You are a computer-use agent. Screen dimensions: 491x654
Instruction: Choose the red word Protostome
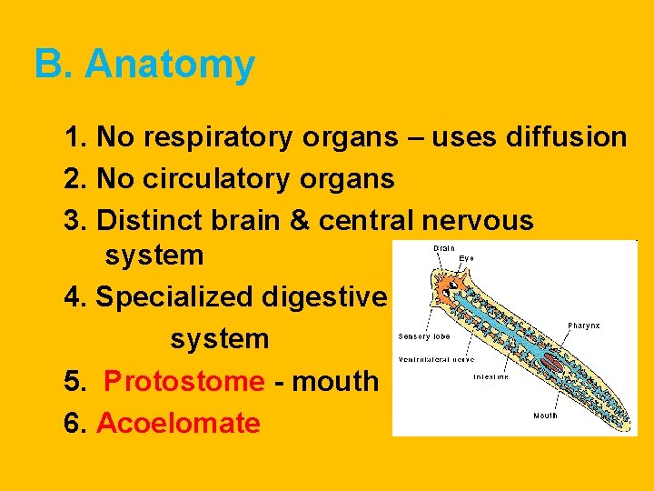tap(183, 381)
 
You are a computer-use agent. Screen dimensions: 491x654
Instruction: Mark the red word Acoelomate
tap(178, 423)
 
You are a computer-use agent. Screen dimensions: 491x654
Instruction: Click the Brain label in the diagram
tap(444, 247)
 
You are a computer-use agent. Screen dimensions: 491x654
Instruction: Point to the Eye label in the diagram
tap(465, 258)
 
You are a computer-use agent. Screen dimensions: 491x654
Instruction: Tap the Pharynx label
tap(583, 325)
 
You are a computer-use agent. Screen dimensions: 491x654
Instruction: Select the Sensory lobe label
tap(421, 336)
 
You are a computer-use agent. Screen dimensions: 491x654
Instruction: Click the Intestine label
tap(490, 376)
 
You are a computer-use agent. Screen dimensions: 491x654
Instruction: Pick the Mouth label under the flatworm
tap(545, 416)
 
